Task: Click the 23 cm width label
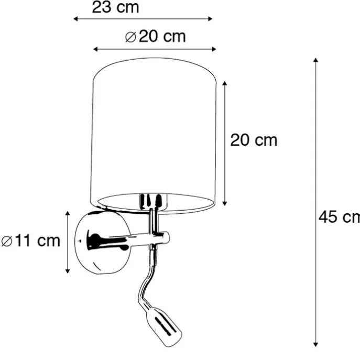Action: click(115, 7)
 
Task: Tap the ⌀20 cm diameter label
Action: click(155, 36)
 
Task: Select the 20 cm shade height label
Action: click(254, 140)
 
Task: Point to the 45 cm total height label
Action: click(339, 217)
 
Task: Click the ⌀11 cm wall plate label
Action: click(30, 241)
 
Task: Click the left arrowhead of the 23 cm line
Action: click(75, 19)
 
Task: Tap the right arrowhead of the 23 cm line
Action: click(210, 19)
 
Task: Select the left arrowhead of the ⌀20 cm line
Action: click(95, 49)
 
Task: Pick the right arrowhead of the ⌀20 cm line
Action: click(214, 49)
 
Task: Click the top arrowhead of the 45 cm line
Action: click(315, 60)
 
